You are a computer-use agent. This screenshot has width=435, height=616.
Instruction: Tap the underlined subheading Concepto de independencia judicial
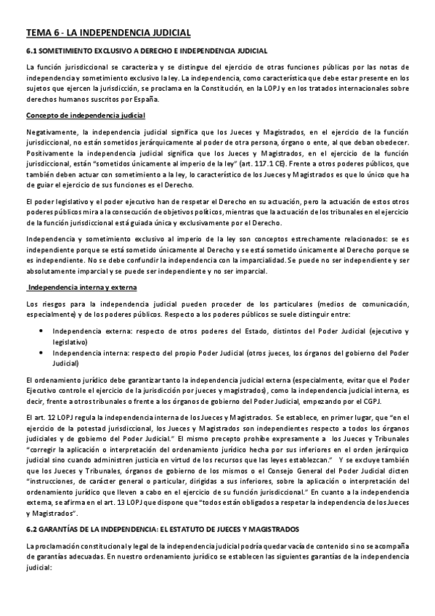[86, 115]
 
